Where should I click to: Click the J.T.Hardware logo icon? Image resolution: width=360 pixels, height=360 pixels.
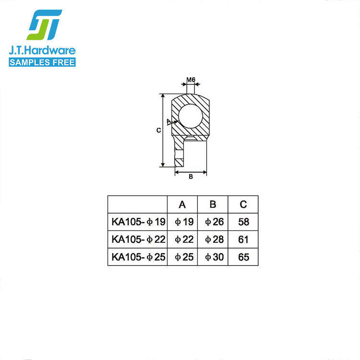pyautogui.click(x=44, y=24)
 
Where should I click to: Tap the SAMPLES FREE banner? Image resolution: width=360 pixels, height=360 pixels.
pyautogui.click(x=43, y=61)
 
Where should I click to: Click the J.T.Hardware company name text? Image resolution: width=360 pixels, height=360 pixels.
pyautogui.click(x=43, y=50)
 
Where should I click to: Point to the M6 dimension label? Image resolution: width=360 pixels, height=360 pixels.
pyautogui.click(x=191, y=80)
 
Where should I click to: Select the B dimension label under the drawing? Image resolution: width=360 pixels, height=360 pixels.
pyautogui.click(x=191, y=177)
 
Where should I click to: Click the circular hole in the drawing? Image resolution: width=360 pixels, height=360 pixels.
pyautogui.click(x=190, y=116)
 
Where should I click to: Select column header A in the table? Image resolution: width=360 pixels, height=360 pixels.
pyautogui.click(x=182, y=204)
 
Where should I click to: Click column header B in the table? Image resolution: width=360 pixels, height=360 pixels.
pyautogui.click(x=213, y=204)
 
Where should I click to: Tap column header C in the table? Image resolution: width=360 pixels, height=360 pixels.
pyautogui.click(x=243, y=204)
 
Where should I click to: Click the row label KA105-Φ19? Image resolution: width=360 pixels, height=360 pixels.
pyautogui.click(x=138, y=222)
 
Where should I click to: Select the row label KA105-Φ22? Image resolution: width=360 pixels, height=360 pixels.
pyautogui.click(x=138, y=239)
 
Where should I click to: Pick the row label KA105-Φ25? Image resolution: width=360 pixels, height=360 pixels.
pyautogui.click(x=138, y=257)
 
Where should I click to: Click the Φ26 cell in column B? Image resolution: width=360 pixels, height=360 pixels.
pyautogui.click(x=213, y=222)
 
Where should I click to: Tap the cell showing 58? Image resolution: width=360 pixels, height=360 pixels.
pyautogui.click(x=243, y=222)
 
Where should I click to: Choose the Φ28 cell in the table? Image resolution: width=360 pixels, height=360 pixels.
pyautogui.click(x=213, y=239)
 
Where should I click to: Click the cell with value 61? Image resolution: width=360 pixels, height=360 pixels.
pyautogui.click(x=243, y=239)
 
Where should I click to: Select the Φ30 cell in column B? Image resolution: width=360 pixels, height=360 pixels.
pyautogui.click(x=213, y=257)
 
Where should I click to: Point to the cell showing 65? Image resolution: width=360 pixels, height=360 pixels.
pyautogui.click(x=243, y=257)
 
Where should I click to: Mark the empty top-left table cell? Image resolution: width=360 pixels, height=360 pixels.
pyautogui.click(x=137, y=204)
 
